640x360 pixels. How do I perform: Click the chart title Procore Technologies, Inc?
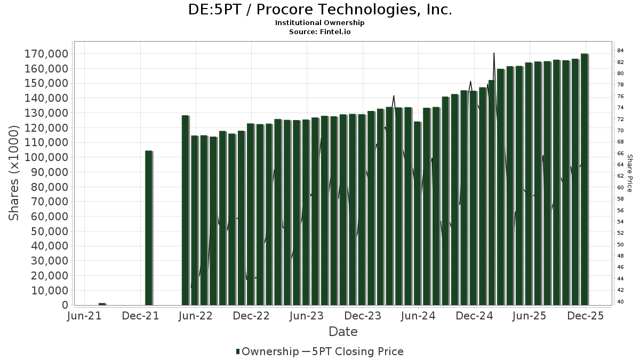320,10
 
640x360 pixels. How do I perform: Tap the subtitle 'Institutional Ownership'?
320,23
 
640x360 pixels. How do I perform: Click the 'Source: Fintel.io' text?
320,32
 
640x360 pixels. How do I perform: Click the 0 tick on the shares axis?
65,305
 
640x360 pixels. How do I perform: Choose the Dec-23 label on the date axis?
363,316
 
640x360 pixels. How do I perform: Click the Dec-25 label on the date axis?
585,316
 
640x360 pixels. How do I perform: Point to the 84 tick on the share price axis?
621,51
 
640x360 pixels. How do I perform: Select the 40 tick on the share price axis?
621,301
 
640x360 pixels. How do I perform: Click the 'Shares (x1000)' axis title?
14,173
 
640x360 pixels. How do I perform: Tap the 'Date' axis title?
343,332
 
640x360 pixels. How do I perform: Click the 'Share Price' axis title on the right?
629,173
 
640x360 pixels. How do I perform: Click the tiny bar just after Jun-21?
102,304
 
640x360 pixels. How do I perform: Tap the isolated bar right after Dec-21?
149,228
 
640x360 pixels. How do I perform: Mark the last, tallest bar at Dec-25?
585,179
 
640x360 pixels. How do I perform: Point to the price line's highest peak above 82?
494,53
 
